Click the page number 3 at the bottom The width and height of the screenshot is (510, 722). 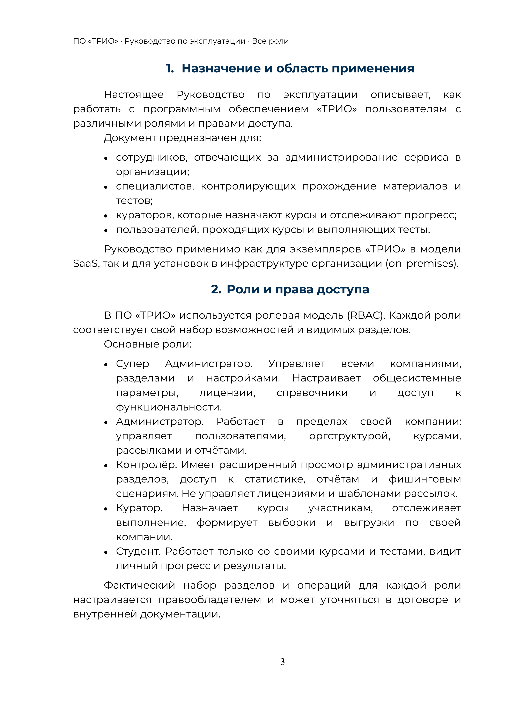(x=282, y=662)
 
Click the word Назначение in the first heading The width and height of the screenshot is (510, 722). (x=221, y=68)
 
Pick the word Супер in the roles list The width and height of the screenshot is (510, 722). (x=132, y=364)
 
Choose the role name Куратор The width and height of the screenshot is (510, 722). (x=139, y=508)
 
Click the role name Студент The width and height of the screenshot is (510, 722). (x=138, y=551)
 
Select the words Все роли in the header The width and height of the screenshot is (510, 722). (x=270, y=41)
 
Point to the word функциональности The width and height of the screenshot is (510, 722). (x=169, y=407)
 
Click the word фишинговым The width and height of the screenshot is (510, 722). (x=424, y=479)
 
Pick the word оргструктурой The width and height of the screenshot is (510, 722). (x=349, y=436)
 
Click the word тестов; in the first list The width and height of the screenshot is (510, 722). (x=134, y=200)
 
